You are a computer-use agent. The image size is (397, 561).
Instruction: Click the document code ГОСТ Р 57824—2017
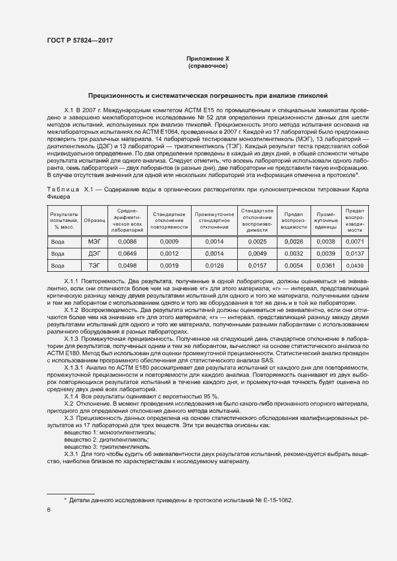[x=80, y=40]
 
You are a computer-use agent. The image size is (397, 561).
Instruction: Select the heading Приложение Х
[x=208, y=58]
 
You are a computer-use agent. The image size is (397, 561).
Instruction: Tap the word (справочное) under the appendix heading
[x=208, y=66]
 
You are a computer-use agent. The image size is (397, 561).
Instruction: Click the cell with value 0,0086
[x=127, y=241]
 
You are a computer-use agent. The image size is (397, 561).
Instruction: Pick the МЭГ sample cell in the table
[x=94, y=241]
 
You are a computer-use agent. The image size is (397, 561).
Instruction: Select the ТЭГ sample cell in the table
[x=94, y=265]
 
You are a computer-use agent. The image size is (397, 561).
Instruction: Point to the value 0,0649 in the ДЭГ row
[x=127, y=253]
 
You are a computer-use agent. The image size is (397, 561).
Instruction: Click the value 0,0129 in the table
[x=214, y=265]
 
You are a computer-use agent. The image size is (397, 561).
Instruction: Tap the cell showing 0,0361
[x=326, y=265]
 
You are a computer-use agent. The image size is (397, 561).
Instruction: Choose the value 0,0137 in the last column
[x=356, y=253]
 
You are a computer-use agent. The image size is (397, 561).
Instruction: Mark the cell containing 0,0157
[x=257, y=265]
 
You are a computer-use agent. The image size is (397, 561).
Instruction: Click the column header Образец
[x=94, y=221]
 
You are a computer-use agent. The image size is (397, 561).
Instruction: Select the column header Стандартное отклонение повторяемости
[x=169, y=221]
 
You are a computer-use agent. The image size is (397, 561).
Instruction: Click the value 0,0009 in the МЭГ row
[x=169, y=241]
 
